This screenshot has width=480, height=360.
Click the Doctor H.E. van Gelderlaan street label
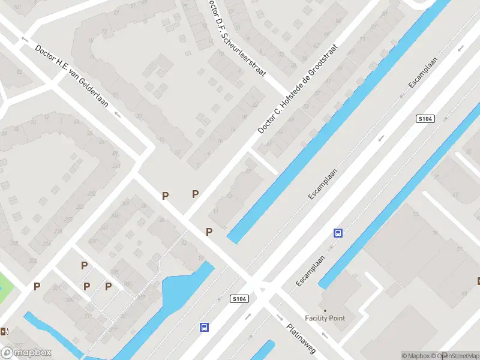point(71,76)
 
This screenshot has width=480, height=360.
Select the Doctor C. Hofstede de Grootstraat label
point(298,88)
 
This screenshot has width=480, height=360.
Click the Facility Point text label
point(325,318)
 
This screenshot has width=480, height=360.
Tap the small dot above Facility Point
point(325,310)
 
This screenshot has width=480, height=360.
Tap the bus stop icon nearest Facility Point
point(338,233)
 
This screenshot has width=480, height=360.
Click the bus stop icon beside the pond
point(205,327)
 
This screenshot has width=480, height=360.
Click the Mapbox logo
point(26,353)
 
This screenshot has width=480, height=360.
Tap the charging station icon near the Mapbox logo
point(5,331)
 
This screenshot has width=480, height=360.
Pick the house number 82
point(20,72)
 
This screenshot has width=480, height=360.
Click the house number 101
point(17,7)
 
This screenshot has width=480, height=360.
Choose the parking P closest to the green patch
point(37,286)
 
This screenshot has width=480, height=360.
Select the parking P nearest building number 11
point(209,232)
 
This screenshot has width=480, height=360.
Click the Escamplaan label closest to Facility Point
point(310,270)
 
